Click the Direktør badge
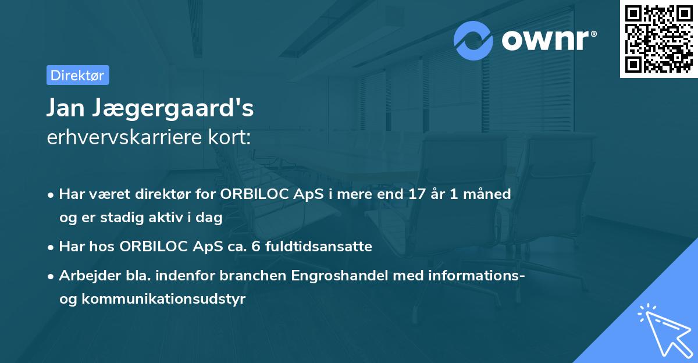77,75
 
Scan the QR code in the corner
658,38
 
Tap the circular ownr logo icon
474,40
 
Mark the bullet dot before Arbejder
52,276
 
